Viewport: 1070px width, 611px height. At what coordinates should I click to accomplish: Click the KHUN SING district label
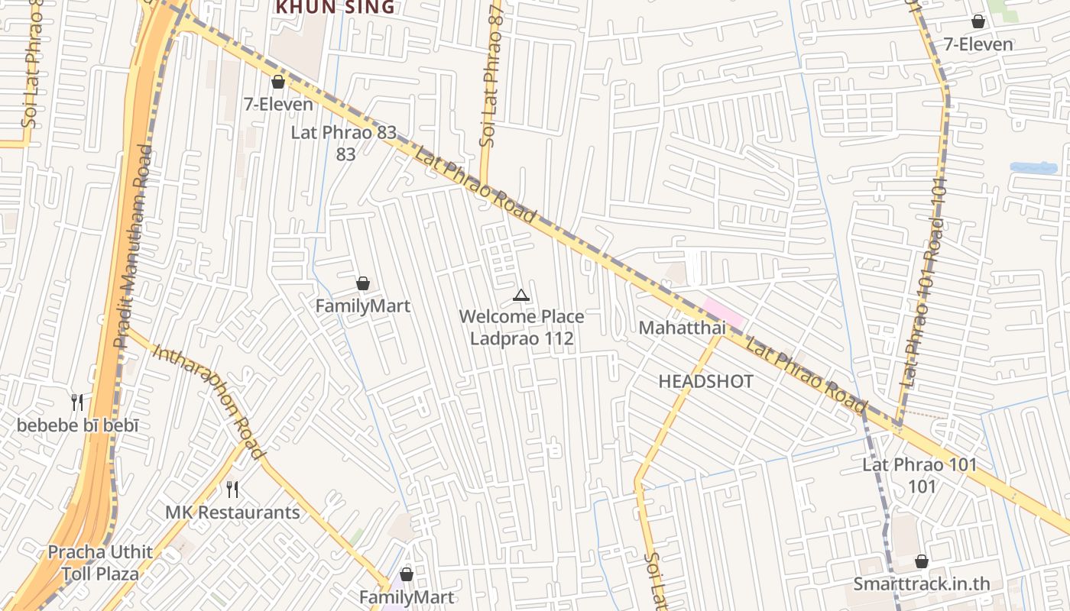335,8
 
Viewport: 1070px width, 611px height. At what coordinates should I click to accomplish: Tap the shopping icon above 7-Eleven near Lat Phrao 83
278,82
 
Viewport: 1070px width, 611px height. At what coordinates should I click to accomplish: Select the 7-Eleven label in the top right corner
978,44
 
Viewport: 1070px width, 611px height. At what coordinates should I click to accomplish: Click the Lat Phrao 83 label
344,132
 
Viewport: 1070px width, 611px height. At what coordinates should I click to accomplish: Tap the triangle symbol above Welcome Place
520,296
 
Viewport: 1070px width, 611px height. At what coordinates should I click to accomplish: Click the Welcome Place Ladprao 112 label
521,327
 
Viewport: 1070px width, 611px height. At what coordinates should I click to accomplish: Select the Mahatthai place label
682,328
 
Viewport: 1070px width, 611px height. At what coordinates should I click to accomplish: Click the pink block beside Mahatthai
723,312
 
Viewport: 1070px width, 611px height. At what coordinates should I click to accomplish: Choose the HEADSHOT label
705,382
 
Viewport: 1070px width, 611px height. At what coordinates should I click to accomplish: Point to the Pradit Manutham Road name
133,244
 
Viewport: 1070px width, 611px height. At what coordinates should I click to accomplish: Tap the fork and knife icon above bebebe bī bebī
77,402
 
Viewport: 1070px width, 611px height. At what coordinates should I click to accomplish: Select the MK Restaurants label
233,512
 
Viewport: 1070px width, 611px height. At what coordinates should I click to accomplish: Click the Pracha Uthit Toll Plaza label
100,563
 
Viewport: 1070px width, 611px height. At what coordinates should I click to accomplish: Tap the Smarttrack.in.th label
922,584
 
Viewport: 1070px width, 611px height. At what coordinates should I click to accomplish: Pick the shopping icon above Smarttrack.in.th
922,561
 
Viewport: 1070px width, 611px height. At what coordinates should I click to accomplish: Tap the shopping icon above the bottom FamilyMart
407,574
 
